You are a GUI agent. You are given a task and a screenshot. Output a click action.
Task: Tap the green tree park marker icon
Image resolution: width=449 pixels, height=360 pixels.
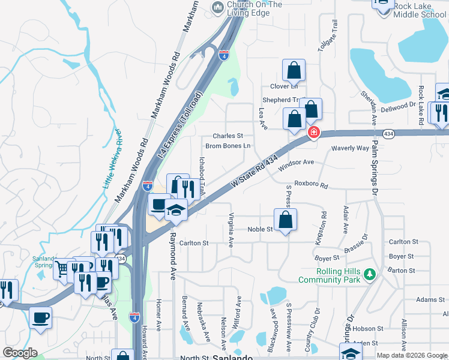pyautogui.click(x=371, y=275)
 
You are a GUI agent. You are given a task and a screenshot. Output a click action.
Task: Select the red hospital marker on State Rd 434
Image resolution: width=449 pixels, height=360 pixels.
pyautogui.click(x=313, y=133)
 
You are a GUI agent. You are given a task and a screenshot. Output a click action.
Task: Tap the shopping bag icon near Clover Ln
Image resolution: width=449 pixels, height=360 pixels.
pyautogui.click(x=294, y=71)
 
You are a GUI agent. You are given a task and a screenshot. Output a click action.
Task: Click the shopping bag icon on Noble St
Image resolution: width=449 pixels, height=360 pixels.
pyautogui.click(x=285, y=220)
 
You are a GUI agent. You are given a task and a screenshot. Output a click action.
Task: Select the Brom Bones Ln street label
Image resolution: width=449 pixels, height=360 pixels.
pyautogui.click(x=228, y=146)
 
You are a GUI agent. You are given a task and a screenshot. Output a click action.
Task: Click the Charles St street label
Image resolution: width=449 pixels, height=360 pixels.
pyautogui.click(x=228, y=136)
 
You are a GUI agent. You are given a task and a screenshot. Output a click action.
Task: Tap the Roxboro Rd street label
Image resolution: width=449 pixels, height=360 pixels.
pyautogui.click(x=310, y=185)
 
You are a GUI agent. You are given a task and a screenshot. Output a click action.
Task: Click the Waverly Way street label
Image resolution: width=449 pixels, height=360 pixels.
pyautogui.click(x=350, y=148)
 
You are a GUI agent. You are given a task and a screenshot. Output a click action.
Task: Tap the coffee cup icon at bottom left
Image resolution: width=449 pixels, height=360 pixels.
pyautogui.click(x=40, y=319)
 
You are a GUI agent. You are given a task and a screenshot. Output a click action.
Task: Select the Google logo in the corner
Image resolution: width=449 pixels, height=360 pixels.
pyautogui.click(x=20, y=353)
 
